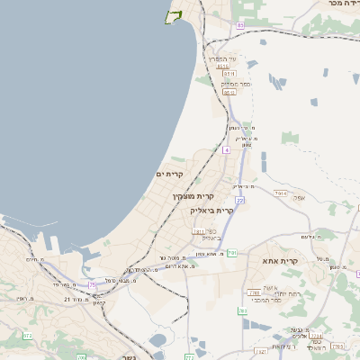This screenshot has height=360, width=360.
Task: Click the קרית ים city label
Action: click(x=169, y=174)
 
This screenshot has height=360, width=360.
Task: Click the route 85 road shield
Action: click(x=240, y=25)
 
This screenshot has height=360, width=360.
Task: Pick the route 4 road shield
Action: click(x=227, y=150)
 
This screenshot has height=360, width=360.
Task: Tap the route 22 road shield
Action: click(x=240, y=200)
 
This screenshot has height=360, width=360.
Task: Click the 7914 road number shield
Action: click(x=282, y=193)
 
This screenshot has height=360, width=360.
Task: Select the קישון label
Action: click(x=73, y=302)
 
